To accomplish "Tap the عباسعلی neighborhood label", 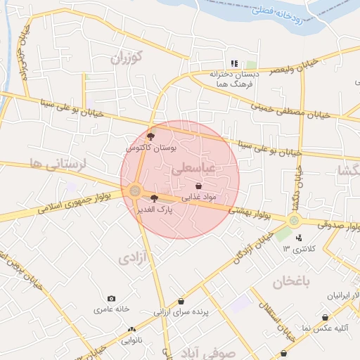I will [192, 169].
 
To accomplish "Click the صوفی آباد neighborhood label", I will [206, 352].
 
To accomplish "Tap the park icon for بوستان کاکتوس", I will [151, 136].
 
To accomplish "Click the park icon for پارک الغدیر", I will [155, 198].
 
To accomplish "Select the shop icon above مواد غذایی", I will [198, 186].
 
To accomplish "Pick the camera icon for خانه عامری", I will [111, 298].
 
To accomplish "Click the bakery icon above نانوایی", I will [131, 329].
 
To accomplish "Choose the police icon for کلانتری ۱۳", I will [299, 238].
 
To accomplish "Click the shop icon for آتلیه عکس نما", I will [325, 318].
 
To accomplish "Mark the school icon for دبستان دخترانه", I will [234, 63].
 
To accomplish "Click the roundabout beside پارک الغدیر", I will [135, 190].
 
